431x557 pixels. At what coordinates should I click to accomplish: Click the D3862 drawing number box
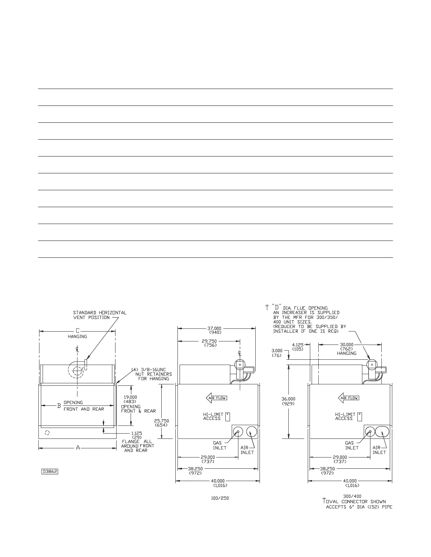(x=50, y=472)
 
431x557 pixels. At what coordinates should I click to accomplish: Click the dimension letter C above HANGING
(x=78, y=331)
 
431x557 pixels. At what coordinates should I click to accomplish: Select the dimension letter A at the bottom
(x=78, y=448)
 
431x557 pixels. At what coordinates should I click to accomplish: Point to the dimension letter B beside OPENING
(x=59, y=406)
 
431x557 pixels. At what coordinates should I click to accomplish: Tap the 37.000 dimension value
(x=214, y=328)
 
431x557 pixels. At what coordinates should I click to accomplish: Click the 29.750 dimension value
(x=209, y=341)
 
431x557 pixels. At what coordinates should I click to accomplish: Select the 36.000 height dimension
(x=288, y=399)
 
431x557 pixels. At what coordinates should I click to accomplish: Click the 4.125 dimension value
(x=298, y=345)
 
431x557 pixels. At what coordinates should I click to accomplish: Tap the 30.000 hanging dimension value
(x=346, y=345)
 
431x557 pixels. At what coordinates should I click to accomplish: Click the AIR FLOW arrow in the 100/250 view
(x=217, y=398)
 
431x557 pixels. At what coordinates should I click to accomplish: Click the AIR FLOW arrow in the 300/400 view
(x=349, y=398)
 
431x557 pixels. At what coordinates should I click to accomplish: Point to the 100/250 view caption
(x=220, y=498)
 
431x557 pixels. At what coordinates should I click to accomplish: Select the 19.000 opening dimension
(x=130, y=397)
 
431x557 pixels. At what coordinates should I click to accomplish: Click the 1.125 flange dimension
(x=137, y=433)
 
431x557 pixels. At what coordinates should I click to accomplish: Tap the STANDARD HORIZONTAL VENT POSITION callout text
(x=100, y=315)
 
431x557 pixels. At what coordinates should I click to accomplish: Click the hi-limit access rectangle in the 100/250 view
(x=228, y=417)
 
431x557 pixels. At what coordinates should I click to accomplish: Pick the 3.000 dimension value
(x=277, y=351)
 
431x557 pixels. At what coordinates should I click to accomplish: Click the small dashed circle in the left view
(x=48, y=433)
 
